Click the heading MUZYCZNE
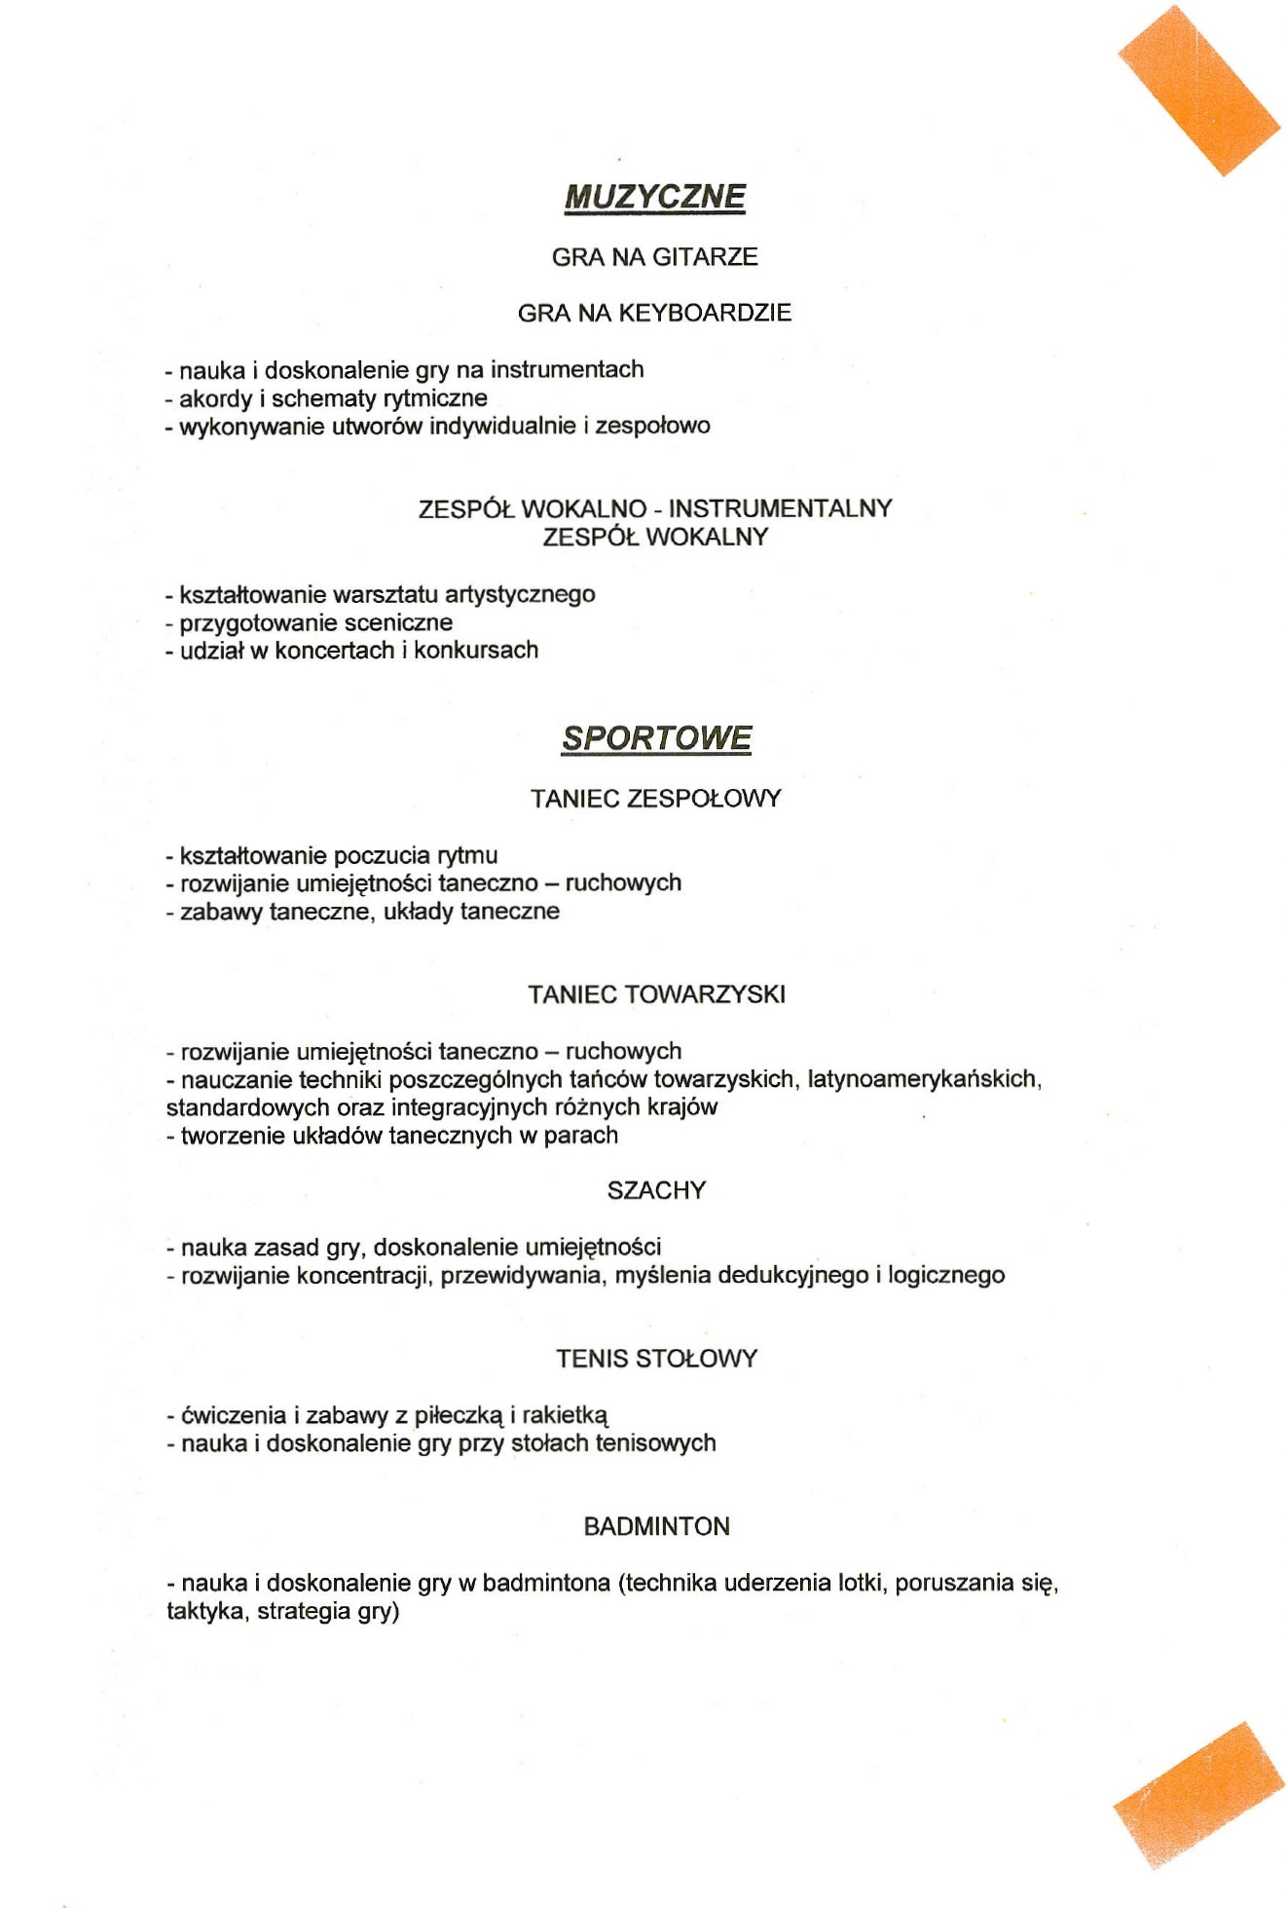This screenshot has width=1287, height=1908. pyautogui.click(x=654, y=197)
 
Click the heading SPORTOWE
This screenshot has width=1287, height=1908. pyautogui.click(x=656, y=738)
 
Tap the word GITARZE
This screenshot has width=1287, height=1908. pyautogui.click(x=705, y=257)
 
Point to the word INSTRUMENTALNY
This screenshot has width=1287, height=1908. pyautogui.click(x=780, y=508)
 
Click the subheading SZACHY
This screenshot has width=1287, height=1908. pyautogui.click(x=656, y=1190)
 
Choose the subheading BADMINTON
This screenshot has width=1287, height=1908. pyautogui.click(x=656, y=1526)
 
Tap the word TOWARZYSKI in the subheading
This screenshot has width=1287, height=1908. pyautogui.click(x=705, y=994)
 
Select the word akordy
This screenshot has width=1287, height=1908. pyautogui.click(x=215, y=398)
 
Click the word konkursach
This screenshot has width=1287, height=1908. pyautogui.click(x=476, y=651)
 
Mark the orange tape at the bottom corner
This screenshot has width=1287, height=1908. pyautogui.click(x=1199, y=1794)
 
